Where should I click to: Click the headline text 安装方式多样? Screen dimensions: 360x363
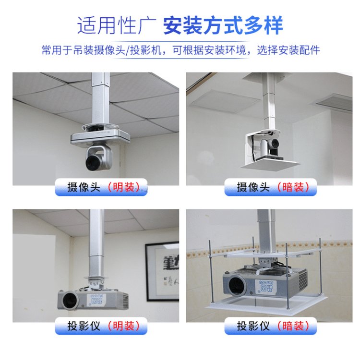223,25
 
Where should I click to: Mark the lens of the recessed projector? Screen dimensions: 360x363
237,285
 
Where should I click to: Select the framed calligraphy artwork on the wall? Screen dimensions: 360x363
162,271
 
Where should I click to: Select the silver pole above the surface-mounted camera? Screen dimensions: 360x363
101,99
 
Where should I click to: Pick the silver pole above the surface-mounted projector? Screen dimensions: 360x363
96,243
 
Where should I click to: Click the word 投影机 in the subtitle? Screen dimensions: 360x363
146,50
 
